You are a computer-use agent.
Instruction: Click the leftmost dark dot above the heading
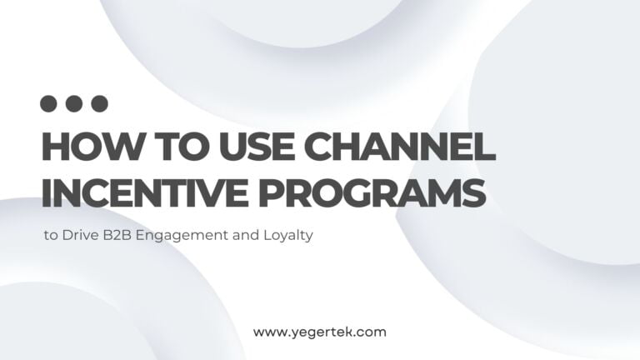tap(49, 104)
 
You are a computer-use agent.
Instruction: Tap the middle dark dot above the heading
tap(74, 104)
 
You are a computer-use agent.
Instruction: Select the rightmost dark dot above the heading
tap(100, 104)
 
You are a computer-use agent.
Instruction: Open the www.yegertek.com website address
tap(320, 332)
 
